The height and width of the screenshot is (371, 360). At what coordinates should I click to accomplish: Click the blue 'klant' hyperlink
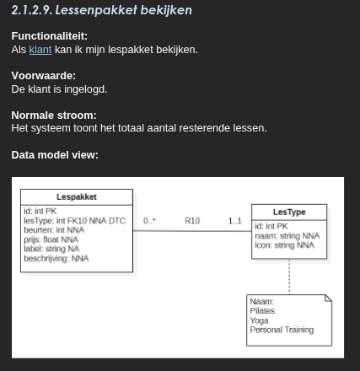40,50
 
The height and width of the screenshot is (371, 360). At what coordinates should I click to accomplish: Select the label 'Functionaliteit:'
49,36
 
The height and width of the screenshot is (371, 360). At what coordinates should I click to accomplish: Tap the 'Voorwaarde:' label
43,76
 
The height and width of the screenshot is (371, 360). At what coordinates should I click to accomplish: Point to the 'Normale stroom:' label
54,116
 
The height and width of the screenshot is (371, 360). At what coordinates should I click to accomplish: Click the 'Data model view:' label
55,155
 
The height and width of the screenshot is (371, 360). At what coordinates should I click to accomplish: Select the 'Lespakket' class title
76,197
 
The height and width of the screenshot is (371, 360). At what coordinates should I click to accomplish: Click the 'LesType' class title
289,212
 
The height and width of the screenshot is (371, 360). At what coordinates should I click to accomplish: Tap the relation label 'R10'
192,221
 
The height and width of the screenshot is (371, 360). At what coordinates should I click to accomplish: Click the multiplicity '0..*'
149,221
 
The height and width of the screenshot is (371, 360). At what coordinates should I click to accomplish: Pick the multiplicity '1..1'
234,221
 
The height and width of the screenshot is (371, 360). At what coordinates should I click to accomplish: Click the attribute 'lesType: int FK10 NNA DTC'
74,221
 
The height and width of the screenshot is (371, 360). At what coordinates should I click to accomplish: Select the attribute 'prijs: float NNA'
51,239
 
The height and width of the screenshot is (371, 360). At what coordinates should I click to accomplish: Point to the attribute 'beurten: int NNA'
54,230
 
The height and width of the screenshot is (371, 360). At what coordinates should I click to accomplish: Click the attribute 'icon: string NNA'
284,245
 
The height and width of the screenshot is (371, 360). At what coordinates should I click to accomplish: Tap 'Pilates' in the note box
262,311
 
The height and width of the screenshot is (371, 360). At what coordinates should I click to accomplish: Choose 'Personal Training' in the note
282,330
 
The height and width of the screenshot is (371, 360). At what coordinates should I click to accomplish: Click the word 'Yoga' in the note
259,320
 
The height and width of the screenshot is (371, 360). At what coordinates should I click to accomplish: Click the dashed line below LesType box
289,277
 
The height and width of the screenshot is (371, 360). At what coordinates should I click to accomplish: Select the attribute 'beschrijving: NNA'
56,259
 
